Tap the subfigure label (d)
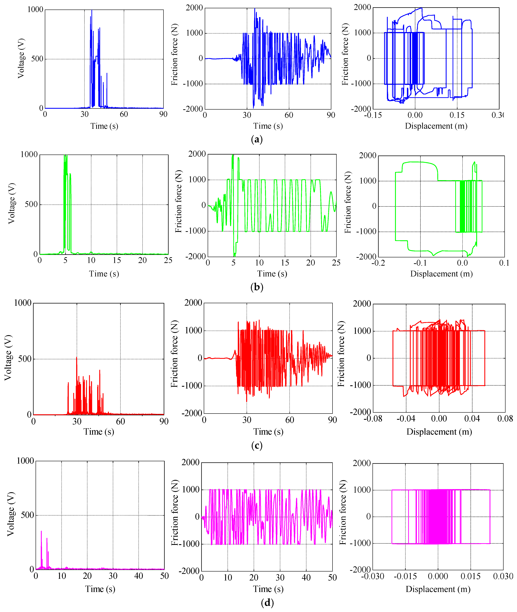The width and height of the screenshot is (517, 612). [267, 603]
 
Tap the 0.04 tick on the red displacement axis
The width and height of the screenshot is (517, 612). [472, 419]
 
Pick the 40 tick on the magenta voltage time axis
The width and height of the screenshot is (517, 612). [139, 576]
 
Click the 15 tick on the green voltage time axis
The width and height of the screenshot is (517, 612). [117, 260]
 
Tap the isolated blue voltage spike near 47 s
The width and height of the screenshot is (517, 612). [107, 74]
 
